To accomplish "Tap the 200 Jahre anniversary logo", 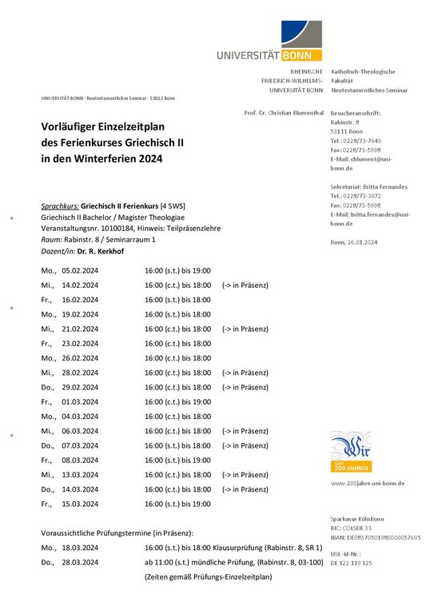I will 350,453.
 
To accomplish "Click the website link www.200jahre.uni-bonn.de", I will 367,483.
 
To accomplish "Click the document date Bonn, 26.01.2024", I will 353,241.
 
